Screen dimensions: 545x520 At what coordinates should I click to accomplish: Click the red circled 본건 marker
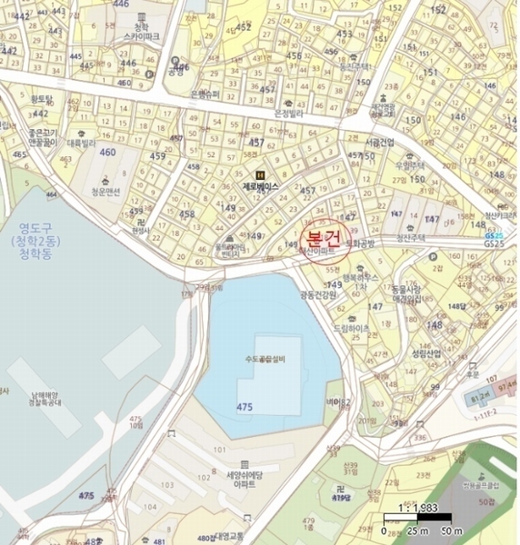[321, 239]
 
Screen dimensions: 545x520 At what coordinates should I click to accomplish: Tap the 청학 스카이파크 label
[142, 35]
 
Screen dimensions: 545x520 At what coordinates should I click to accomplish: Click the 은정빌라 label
[286, 114]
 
